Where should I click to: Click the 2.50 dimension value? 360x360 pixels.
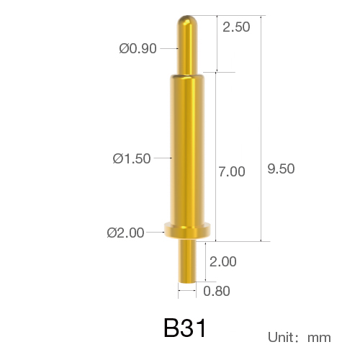click(236, 27)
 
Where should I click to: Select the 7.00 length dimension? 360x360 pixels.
click(232, 171)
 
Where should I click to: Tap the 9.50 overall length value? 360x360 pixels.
click(281, 168)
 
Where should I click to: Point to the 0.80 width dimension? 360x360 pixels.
click(217, 291)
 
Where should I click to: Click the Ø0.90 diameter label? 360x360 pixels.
click(138, 48)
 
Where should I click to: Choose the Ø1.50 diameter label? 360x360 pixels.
click(132, 158)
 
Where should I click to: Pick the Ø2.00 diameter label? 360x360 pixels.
click(125, 233)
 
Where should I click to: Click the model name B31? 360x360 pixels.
click(185, 328)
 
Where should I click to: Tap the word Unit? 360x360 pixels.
click(281, 337)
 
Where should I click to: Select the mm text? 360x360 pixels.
click(319, 338)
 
